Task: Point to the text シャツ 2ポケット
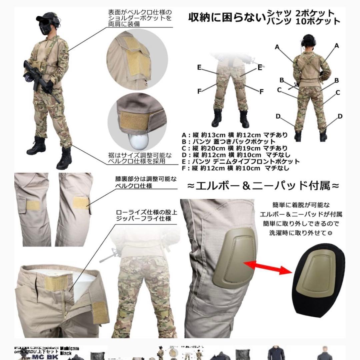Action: pyautogui.click(x=300, y=13)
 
